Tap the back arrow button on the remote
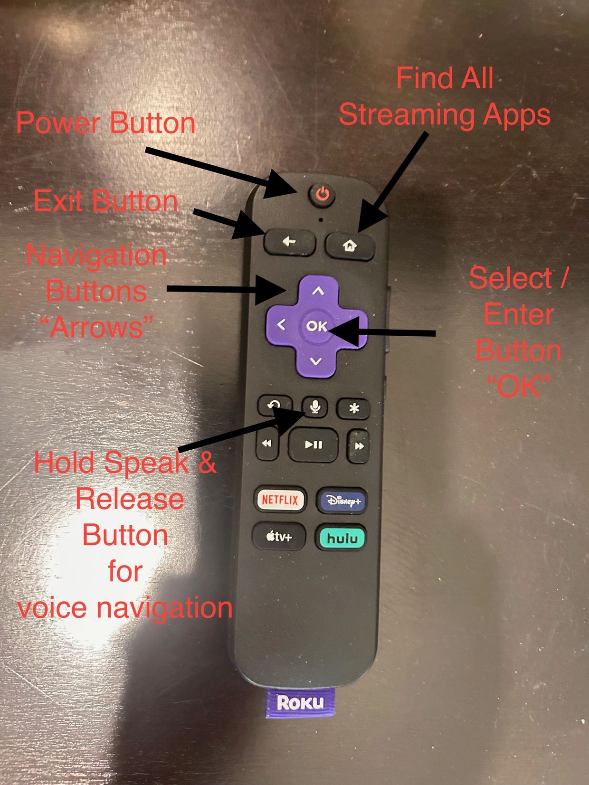click(290, 242)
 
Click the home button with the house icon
click(350, 246)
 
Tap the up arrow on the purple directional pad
click(318, 291)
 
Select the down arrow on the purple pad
click(315, 361)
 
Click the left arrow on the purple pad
click(282, 324)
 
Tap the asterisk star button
click(354, 408)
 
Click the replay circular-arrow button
click(275, 405)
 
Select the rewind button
click(267, 444)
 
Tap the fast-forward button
click(358, 446)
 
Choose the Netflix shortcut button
click(280, 499)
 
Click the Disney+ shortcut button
click(342, 501)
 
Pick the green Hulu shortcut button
click(341, 538)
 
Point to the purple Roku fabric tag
click(300, 703)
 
